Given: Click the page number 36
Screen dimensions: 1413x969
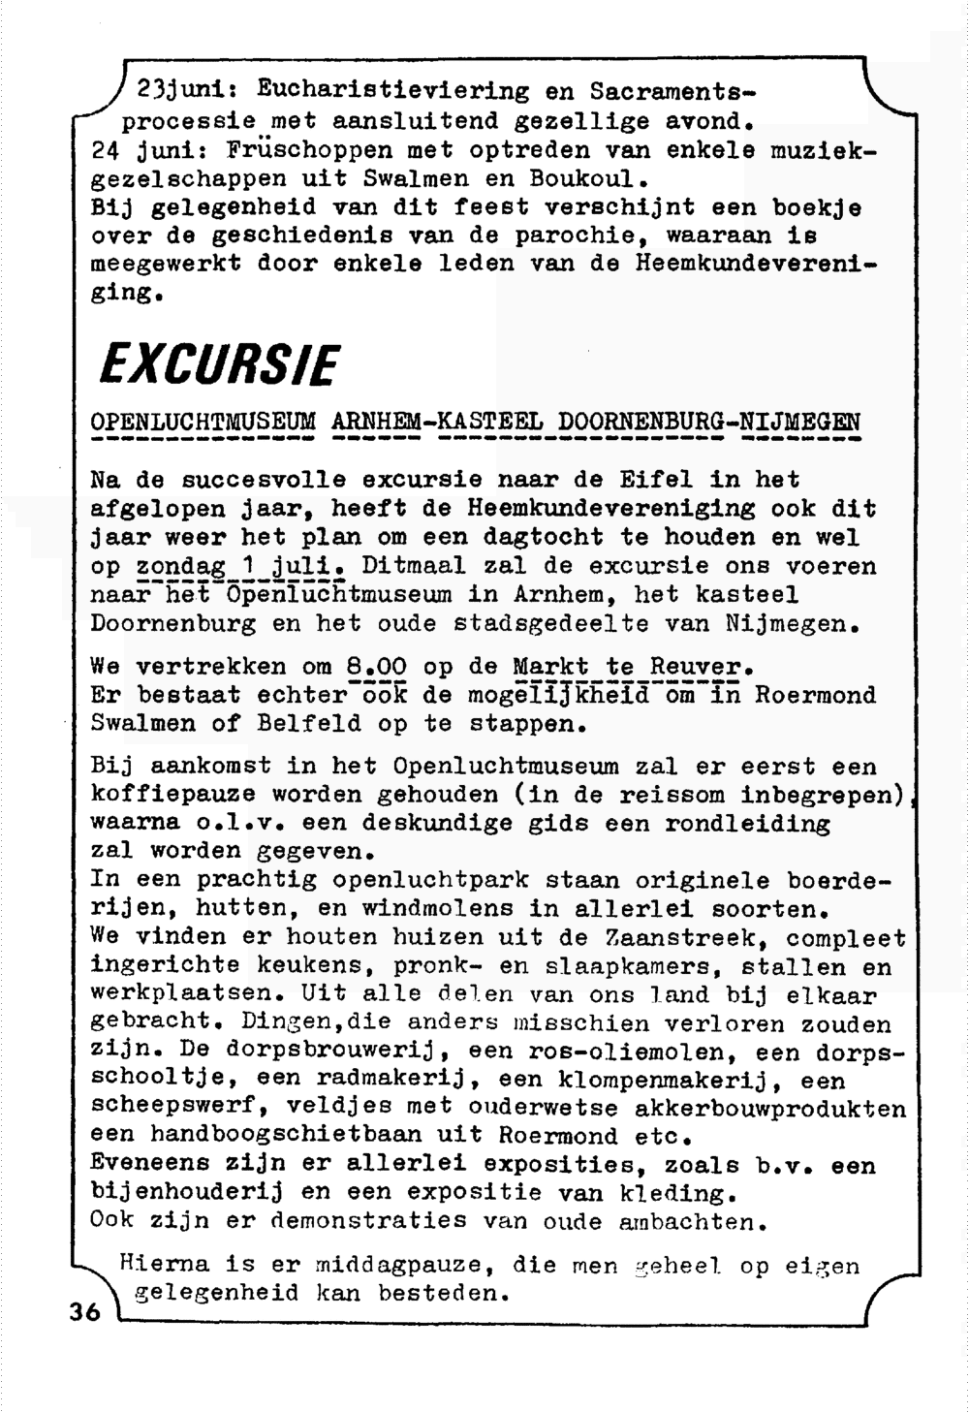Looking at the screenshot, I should pyautogui.click(x=84, y=1313).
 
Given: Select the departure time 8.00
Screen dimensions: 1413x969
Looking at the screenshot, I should pyautogui.click(x=375, y=667).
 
